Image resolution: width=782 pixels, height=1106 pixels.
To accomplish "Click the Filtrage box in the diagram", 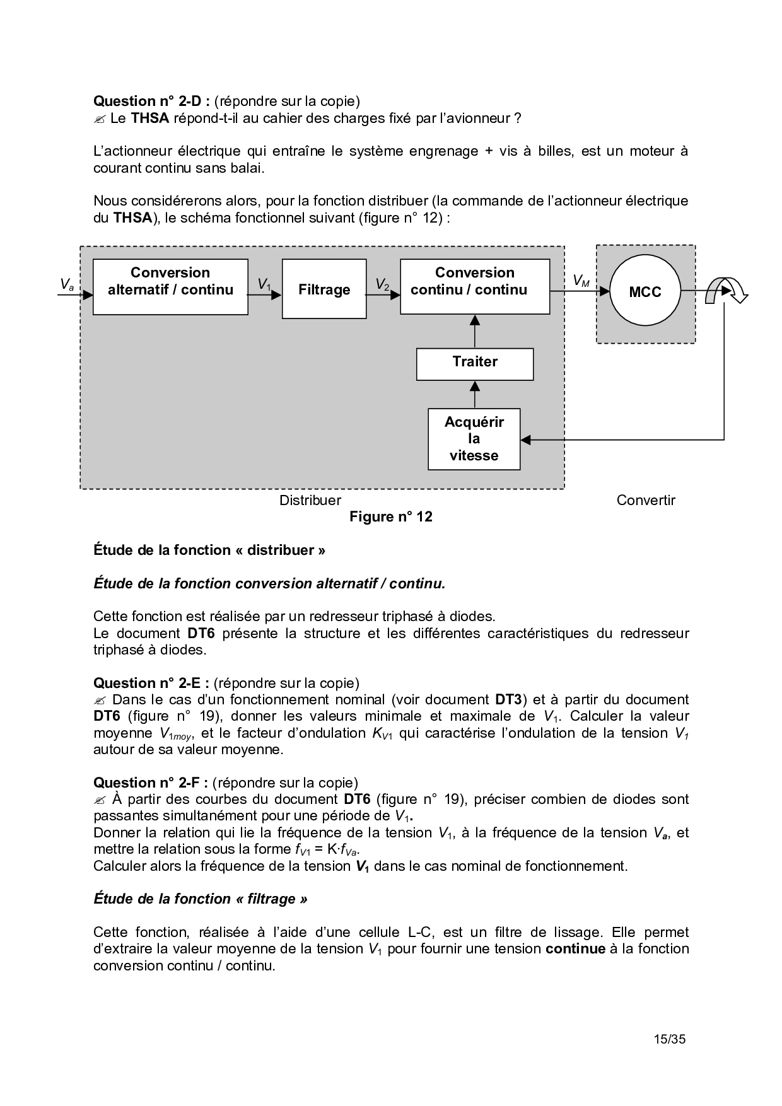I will [324, 289].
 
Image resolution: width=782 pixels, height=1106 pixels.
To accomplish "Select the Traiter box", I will [474, 363].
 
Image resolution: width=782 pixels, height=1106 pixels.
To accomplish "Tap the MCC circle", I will [645, 291].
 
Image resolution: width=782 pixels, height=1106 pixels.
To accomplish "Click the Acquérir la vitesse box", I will [474, 439].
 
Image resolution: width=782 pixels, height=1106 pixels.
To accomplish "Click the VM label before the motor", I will [581, 281].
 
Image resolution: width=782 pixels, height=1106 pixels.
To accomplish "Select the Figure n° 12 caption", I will [391, 517].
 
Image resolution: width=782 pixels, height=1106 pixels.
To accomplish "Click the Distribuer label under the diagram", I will [310, 501].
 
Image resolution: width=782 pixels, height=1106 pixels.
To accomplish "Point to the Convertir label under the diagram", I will [646, 501].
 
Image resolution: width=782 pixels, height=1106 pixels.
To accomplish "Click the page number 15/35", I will [669, 1039].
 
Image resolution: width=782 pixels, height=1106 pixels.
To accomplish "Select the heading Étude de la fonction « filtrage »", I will [201, 899].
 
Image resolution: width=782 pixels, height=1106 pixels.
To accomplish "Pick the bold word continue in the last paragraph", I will [575, 948].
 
